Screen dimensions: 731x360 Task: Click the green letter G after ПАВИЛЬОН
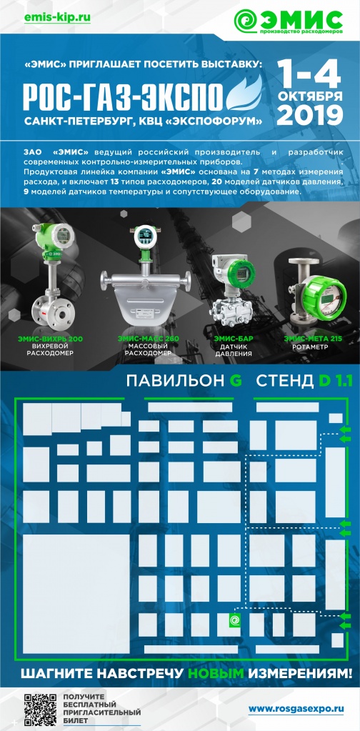coord(235,382)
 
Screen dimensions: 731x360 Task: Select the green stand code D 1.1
coord(336,382)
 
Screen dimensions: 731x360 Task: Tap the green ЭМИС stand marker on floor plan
coord(233,622)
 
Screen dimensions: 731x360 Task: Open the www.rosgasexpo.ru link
coord(294,708)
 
